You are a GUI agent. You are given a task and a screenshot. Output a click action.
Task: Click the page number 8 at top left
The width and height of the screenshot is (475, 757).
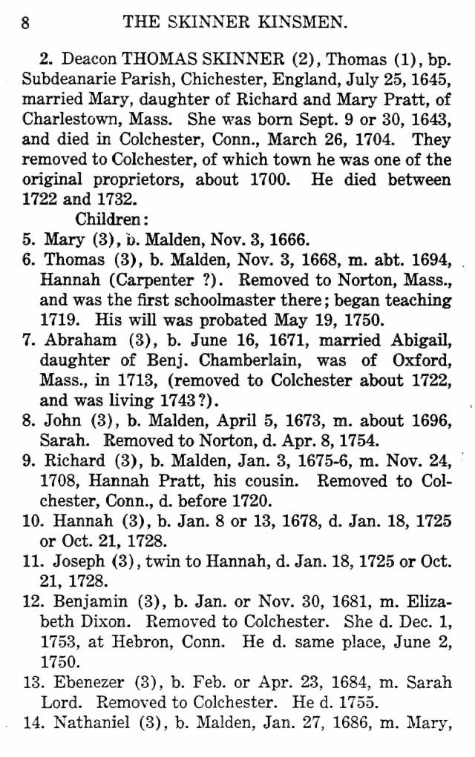point(25,22)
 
